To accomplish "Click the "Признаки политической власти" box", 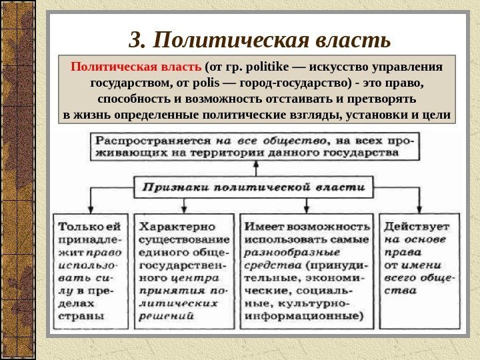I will [255, 187].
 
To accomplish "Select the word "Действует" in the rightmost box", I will [416, 225].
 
